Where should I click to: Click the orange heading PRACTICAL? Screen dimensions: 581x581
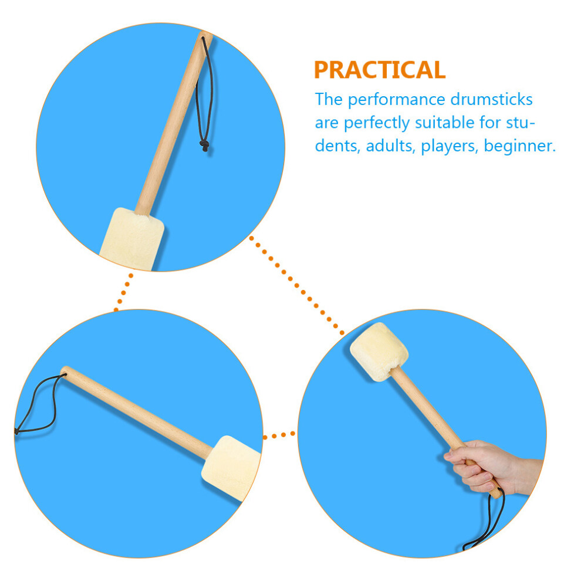[x=380, y=70]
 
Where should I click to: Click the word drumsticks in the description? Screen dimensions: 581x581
[x=491, y=99]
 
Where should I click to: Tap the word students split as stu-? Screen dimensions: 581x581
[x=521, y=122]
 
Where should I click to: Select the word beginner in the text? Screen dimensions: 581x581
[x=520, y=146]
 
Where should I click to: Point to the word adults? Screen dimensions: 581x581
[x=389, y=146]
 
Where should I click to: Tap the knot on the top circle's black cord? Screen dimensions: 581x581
[x=204, y=146]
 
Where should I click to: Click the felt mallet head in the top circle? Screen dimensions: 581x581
[x=132, y=239]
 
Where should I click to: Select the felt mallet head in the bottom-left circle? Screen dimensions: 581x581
[x=231, y=468]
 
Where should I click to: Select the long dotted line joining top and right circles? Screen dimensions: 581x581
[x=296, y=285]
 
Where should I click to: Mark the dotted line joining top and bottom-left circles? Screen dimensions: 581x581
[x=123, y=293]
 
